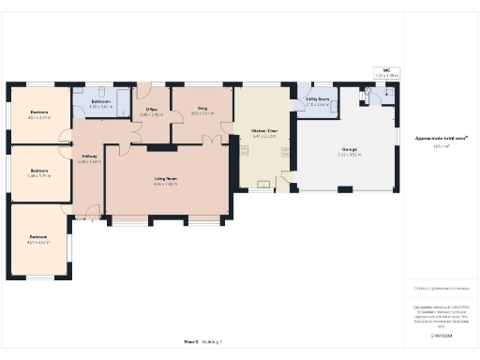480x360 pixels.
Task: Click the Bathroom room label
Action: click(100, 101)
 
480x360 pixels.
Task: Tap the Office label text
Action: click(151, 110)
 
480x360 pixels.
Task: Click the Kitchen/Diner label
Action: click(265, 130)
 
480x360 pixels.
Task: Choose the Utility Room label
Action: click(318, 99)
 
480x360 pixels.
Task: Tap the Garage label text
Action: click(348, 149)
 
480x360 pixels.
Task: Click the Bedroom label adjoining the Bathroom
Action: click(39, 112)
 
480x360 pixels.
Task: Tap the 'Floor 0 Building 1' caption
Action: click(203, 342)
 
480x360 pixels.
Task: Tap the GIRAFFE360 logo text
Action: click(442, 335)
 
